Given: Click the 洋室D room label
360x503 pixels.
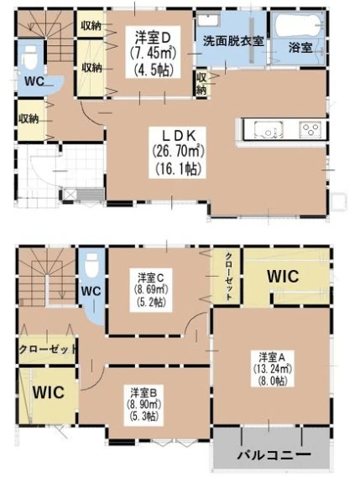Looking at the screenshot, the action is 152,38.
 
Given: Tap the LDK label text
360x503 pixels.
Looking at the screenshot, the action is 179,135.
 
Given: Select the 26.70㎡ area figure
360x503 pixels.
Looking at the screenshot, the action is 178,151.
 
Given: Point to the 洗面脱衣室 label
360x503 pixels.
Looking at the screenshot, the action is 233,41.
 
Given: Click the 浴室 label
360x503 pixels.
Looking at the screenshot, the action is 300,48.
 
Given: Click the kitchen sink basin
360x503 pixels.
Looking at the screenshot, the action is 269,130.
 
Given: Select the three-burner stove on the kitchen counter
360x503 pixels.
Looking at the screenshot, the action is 310,130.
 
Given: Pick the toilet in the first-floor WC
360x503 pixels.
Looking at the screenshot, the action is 30,57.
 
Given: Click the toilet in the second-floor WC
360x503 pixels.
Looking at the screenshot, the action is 91,265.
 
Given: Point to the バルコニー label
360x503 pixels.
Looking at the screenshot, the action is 274,454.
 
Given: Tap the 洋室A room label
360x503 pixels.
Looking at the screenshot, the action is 273,357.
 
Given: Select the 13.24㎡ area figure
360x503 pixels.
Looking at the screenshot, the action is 273,369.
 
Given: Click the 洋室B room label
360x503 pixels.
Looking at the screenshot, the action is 143,392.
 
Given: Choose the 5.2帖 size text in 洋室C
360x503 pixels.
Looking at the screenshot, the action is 151,303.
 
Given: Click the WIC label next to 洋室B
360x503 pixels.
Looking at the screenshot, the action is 49,392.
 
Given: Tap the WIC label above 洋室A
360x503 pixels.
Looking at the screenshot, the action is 283,276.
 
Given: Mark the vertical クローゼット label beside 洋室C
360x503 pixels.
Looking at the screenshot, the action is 228,276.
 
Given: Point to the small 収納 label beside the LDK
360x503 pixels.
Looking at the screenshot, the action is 201,83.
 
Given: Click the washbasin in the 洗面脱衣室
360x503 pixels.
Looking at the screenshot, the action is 208,21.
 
